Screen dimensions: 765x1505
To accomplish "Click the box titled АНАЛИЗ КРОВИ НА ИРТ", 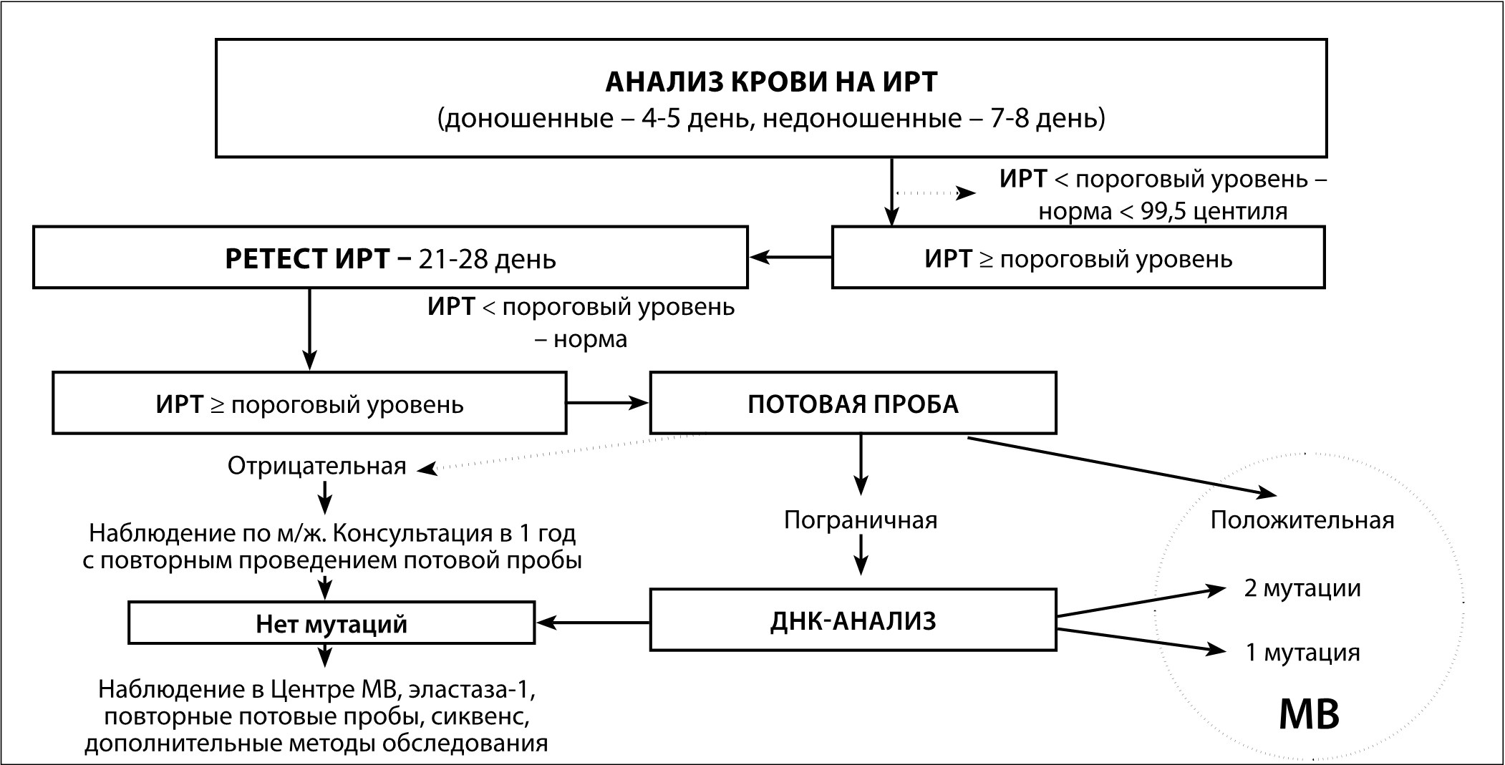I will coord(770,98).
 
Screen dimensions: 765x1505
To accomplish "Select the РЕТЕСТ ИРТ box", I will coord(390,258).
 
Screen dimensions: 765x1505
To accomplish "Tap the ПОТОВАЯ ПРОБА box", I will coord(852,404).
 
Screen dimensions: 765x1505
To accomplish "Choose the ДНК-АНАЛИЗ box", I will coord(852,620).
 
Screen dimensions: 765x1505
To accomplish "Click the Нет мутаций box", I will coord(332,623).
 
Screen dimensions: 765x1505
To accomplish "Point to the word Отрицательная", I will coord(316,467).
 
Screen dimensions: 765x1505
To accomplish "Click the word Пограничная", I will coord(861,519).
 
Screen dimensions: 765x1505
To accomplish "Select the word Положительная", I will coord(1302,520).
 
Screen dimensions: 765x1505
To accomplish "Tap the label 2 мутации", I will coord(1302,588).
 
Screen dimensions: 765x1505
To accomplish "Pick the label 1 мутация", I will coord(1302,653).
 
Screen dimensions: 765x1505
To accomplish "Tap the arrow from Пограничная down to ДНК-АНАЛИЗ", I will coord(861,554).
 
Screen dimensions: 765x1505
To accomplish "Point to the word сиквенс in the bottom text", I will coord(480,716).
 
